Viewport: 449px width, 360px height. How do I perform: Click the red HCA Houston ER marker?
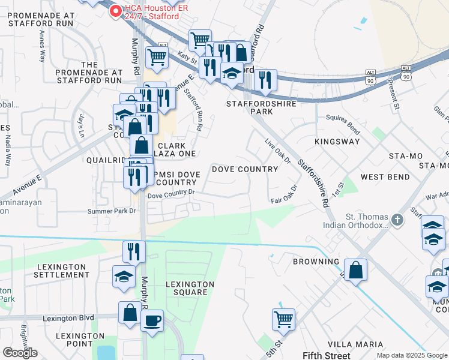115,10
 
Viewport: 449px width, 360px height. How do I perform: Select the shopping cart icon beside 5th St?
283,319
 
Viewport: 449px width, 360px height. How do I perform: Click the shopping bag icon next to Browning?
356,269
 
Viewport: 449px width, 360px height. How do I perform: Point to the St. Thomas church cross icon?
396,220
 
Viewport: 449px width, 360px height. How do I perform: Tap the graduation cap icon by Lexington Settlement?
124,277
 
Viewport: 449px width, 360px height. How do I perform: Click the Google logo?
20,353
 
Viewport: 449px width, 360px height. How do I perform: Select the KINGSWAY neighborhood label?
337,142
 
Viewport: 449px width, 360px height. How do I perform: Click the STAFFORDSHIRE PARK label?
258,107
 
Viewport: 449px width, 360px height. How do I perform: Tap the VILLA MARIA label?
360,344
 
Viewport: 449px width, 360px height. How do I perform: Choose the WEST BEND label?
385,177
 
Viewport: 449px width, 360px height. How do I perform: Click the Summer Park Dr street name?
112,211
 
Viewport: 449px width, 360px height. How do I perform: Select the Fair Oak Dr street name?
284,195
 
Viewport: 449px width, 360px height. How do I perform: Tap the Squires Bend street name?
343,124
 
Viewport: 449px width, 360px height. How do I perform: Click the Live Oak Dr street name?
278,151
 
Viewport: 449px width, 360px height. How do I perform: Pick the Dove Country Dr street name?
172,193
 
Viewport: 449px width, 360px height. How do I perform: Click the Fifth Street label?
326,356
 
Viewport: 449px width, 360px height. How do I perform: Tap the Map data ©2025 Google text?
412,355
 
